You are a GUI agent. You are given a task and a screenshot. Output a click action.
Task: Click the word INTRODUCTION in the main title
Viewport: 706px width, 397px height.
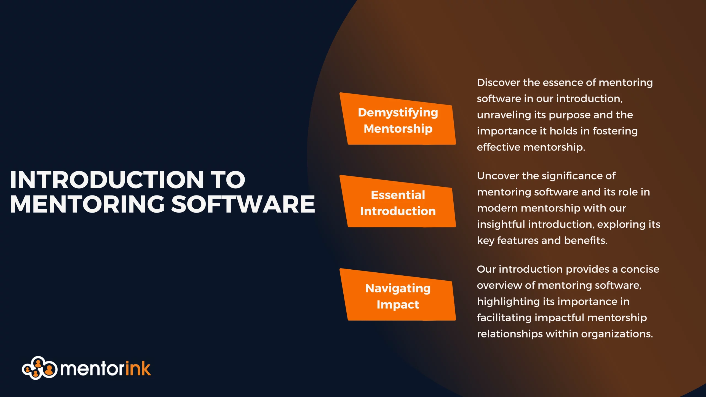click(x=107, y=180)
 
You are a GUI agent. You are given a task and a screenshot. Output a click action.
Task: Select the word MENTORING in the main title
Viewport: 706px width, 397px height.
click(x=87, y=204)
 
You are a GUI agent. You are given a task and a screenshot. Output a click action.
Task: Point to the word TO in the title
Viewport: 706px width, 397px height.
click(x=228, y=180)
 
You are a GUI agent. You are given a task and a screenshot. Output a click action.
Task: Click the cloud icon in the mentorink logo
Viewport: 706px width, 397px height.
click(x=39, y=368)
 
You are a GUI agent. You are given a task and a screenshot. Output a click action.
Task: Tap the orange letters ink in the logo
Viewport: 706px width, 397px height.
click(x=138, y=368)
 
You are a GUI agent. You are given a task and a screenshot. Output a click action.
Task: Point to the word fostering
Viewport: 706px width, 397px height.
click(x=615, y=131)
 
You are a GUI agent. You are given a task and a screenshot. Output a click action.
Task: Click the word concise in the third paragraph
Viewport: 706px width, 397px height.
click(x=640, y=269)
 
